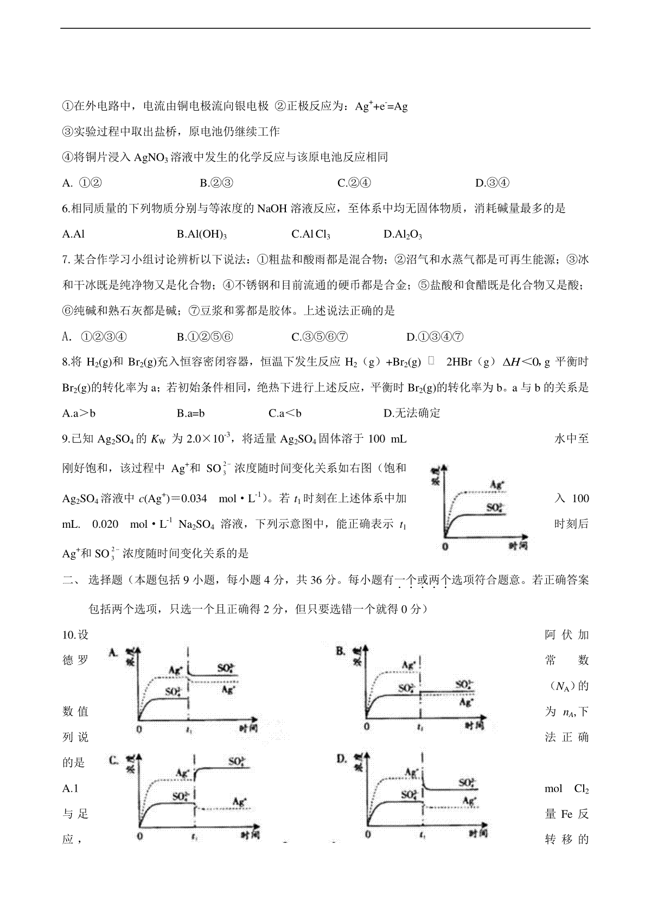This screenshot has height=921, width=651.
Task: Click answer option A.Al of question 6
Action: click(74, 234)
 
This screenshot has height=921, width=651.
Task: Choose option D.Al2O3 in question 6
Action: click(403, 234)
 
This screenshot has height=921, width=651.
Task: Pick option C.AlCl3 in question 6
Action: click(311, 234)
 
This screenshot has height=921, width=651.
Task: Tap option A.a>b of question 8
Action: click(79, 413)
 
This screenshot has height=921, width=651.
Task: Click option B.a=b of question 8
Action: click(191, 413)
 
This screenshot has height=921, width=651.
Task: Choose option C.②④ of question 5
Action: click(354, 183)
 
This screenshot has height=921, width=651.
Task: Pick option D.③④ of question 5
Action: click(492, 183)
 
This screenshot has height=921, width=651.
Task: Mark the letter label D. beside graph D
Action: click(341, 758)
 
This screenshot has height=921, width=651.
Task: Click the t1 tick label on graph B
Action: click(420, 726)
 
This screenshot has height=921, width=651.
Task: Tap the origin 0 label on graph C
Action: click(141, 836)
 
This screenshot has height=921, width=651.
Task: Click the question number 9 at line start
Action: click(66, 439)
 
